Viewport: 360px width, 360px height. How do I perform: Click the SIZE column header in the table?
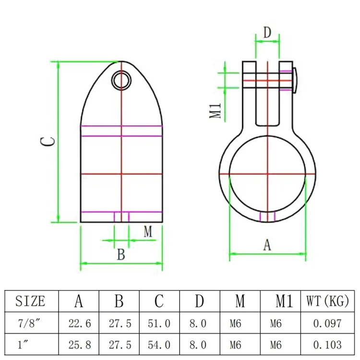click(x=30, y=301)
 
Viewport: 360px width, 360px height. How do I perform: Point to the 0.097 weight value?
click(x=327, y=324)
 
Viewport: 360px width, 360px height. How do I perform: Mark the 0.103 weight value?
click(x=327, y=344)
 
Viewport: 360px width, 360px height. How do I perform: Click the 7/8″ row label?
click(x=30, y=324)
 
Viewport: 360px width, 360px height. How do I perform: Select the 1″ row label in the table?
click(x=30, y=344)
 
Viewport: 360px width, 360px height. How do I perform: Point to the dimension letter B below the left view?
click(x=121, y=254)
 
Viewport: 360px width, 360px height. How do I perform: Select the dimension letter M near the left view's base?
click(x=148, y=232)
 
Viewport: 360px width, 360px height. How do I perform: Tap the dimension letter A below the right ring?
click(x=267, y=245)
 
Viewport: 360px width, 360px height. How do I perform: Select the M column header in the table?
click(x=240, y=301)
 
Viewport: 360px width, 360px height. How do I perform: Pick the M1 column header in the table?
click(x=283, y=301)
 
